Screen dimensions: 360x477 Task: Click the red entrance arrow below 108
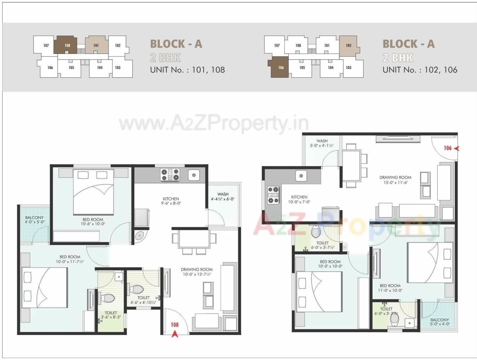click(175, 334)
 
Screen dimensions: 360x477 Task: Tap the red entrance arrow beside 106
click(457, 148)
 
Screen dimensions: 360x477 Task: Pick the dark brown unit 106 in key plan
click(279, 68)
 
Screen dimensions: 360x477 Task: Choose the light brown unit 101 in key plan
click(96, 46)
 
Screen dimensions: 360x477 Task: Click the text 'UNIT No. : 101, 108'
click(187, 70)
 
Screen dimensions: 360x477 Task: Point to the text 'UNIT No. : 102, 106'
click(420, 70)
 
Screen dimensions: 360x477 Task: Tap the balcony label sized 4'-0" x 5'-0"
click(34, 220)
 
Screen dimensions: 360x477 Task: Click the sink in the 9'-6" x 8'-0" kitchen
click(194, 175)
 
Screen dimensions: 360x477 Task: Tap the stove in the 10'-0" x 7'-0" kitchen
click(273, 195)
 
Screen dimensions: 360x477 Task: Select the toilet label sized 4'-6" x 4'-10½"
click(144, 300)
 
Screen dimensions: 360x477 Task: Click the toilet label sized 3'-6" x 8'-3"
click(111, 314)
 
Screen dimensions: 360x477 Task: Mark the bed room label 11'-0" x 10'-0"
click(390, 288)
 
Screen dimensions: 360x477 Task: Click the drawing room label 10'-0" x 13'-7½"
click(196, 272)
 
